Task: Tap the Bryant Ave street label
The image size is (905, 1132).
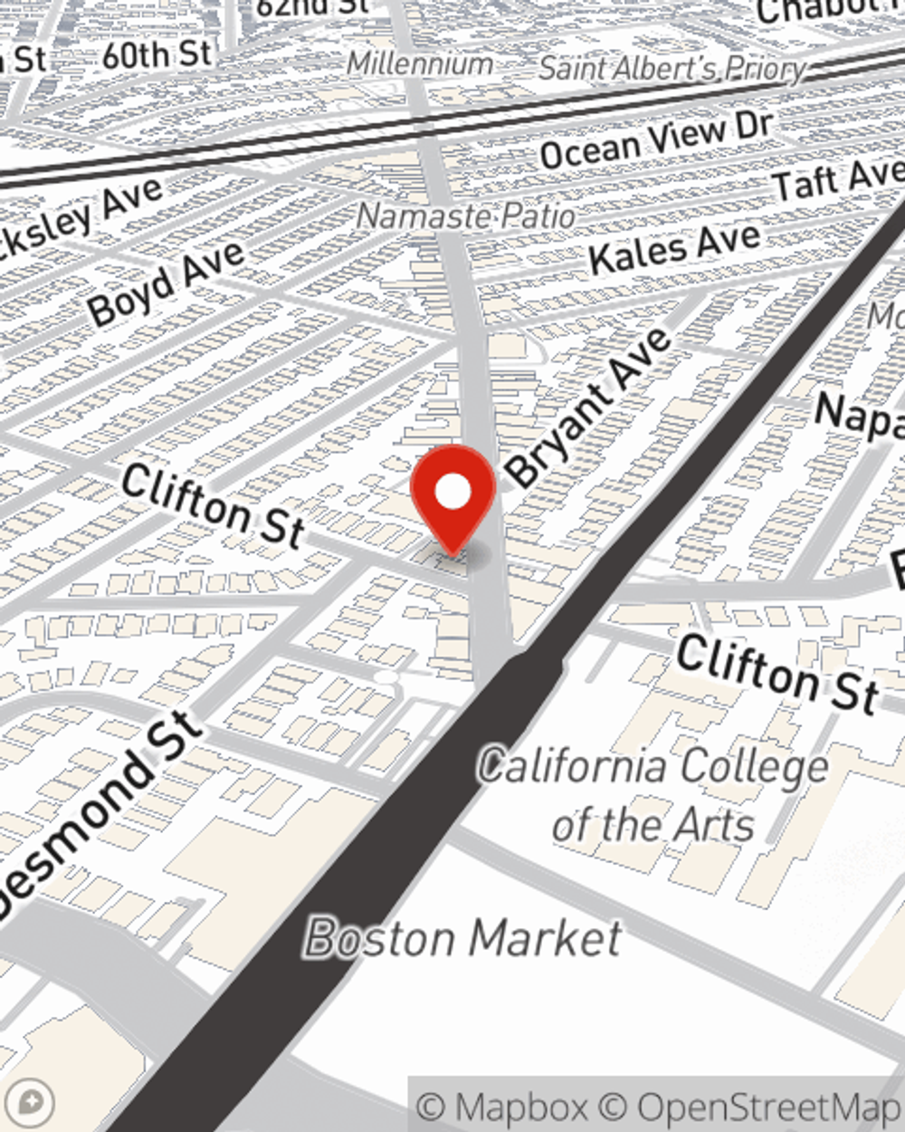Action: point(589,408)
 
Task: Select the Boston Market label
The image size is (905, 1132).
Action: point(463,938)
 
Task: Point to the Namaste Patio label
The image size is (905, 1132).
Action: point(466,216)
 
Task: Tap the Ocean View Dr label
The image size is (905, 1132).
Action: point(656,141)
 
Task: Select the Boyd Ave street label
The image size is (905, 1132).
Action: point(167,283)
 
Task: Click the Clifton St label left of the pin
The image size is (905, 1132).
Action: point(212,504)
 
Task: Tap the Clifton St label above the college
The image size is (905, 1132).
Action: point(777,673)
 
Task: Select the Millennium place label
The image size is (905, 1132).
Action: point(420,63)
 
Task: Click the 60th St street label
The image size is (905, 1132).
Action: point(157,55)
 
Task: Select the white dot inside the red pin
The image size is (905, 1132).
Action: point(453,492)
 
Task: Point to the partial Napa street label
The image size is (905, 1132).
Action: point(860,417)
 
